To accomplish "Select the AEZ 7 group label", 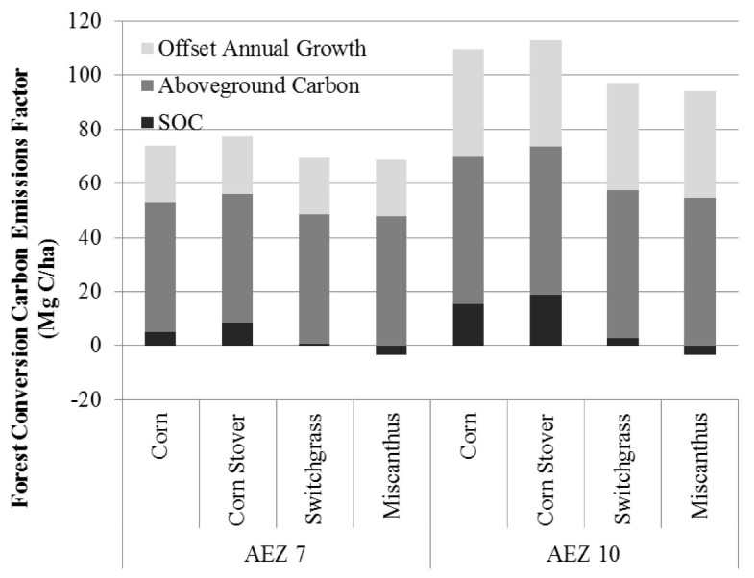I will pos(277,556).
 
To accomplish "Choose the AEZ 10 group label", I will pos(583,556).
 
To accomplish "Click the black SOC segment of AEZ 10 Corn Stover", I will pos(545,320).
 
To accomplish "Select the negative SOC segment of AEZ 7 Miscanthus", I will pos(391,349).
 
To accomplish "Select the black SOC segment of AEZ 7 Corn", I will pos(160,338).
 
